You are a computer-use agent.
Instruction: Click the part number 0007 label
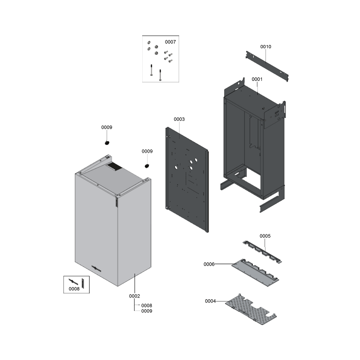[171, 42]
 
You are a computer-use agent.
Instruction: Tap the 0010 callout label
[265, 47]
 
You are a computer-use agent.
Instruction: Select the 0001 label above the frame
[257, 79]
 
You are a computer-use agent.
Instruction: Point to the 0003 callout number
[179, 119]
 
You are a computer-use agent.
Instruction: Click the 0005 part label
[265, 236]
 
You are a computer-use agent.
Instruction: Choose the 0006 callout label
[209, 264]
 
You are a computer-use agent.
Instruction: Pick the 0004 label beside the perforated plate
[210, 301]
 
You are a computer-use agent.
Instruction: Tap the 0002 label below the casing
[135, 296]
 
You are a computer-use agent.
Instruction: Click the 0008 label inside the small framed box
[74, 289]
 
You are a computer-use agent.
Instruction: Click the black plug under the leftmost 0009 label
[107, 143]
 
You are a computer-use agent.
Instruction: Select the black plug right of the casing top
[147, 166]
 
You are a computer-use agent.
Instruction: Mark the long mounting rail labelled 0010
[267, 66]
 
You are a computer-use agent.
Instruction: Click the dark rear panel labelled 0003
[187, 180]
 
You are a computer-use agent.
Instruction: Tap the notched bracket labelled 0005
[262, 252]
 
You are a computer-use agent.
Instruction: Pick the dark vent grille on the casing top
[114, 166]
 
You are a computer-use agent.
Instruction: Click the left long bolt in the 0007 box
[151, 70]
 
